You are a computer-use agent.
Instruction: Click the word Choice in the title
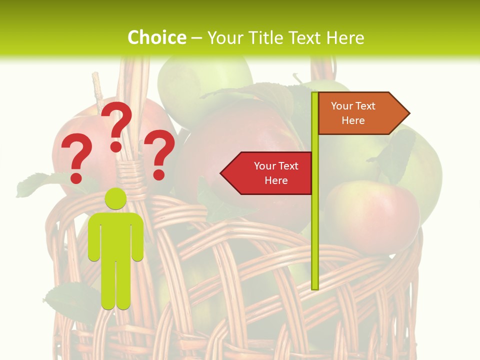(156, 37)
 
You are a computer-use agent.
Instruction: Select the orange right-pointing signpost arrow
(360, 113)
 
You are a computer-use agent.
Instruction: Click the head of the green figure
(115, 199)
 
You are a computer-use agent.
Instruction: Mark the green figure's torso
(115, 235)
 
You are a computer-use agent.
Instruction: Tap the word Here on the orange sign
(353, 120)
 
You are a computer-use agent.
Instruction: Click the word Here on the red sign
(276, 180)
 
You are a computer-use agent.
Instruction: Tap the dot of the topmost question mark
(116, 146)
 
